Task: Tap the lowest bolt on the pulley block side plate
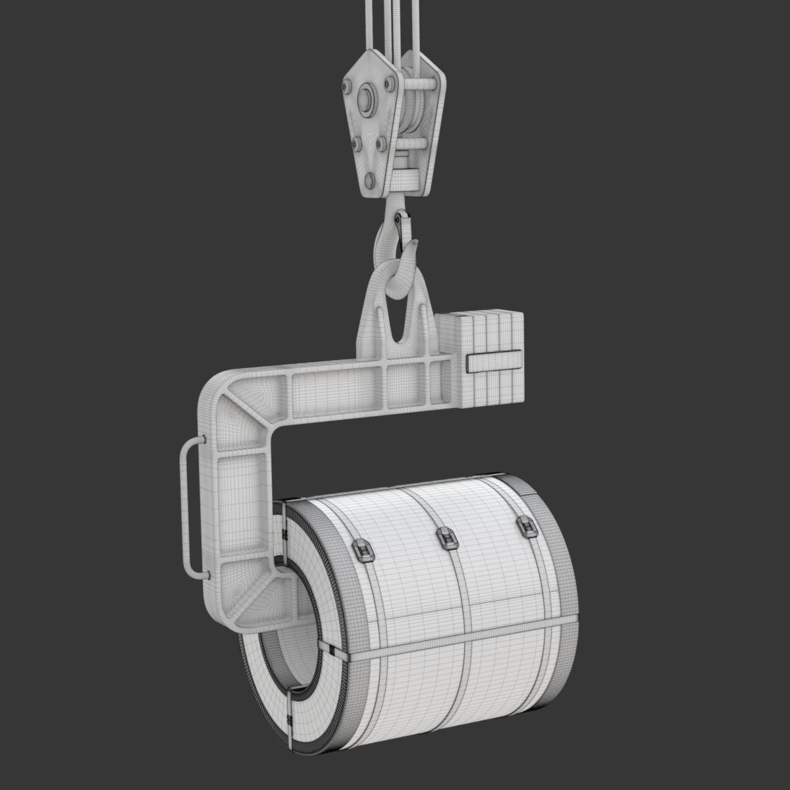(370, 180)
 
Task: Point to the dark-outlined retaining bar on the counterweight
(494, 361)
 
